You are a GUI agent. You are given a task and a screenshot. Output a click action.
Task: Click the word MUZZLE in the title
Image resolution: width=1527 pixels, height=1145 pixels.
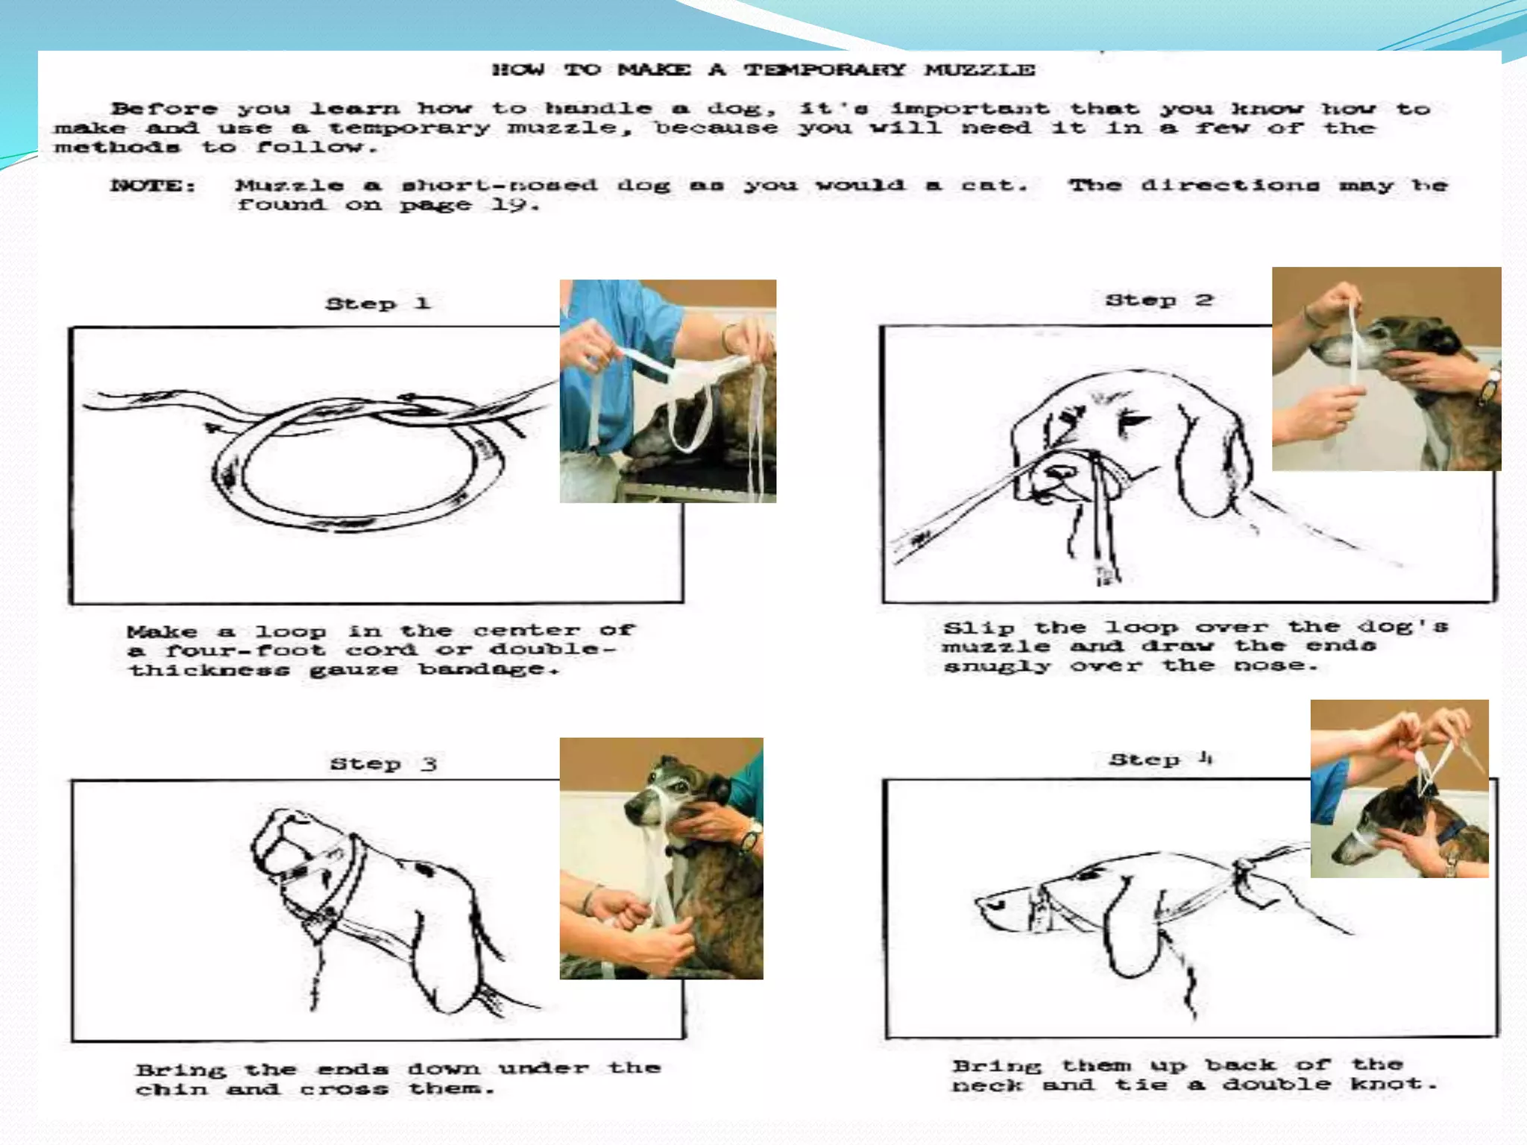(x=979, y=70)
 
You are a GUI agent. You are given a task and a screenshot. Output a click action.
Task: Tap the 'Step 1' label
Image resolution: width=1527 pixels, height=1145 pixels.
(x=378, y=303)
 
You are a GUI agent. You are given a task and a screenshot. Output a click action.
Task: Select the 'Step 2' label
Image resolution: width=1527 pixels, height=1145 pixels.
(x=1159, y=300)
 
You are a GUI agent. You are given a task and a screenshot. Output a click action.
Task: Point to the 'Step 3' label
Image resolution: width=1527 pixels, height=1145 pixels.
(x=383, y=763)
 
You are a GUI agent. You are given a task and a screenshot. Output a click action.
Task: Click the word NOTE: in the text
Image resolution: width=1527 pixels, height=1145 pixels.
(x=154, y=186)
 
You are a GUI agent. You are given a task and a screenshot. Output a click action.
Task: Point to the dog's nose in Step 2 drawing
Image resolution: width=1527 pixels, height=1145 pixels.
(x=1059, y=472)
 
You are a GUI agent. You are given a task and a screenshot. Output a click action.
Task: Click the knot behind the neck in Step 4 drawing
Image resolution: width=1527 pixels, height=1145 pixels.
(x=1243, y=869)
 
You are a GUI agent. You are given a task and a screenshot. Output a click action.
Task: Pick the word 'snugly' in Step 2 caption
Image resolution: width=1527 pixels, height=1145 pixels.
(x=997, y=666)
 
